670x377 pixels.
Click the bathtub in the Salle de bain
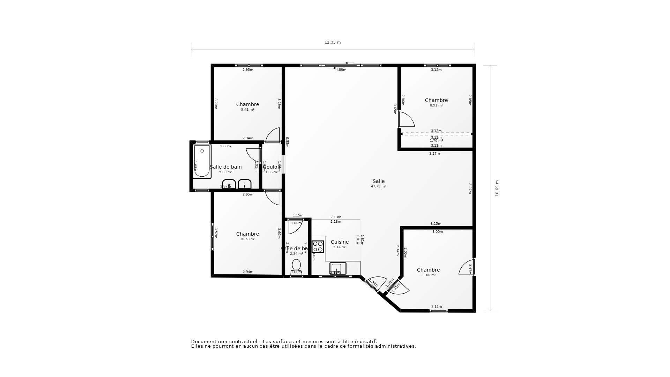pos(202,161)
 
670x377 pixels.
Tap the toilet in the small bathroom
pos(296,265)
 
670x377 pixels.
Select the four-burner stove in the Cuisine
pos(318,246)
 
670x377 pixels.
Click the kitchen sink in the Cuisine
pos(337,268)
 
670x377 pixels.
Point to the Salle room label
pos(379,181)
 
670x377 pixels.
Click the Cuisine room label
pos(340,242)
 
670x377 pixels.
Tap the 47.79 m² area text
pos(379,186)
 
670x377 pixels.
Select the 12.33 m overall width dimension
pos(333,43)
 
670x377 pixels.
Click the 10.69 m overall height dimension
pos(497,188)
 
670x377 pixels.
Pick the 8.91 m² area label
pos(436,105)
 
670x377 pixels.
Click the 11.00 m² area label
pos(428,275)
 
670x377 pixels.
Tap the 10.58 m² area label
pos(247,239)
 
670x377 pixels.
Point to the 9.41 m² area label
pos(247,110)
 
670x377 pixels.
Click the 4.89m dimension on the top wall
pos(341,70)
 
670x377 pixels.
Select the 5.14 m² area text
pos(340,247)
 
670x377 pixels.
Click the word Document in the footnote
pos(204,342)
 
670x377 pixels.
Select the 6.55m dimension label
pos(287,142)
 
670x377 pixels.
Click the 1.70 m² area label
pos(436,141)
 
